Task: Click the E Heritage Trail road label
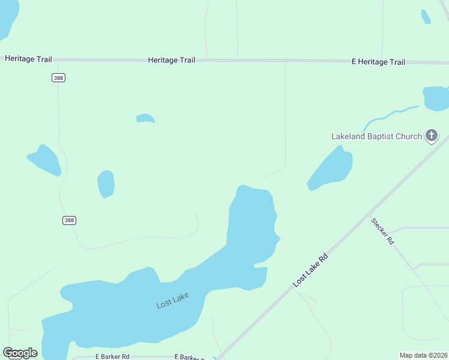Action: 378,62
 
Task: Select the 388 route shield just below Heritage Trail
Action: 58,78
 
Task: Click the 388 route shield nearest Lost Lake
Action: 69,220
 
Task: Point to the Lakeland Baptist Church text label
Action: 376,136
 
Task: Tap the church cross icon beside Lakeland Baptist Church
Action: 431,136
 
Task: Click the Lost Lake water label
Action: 172,300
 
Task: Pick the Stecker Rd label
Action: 382,231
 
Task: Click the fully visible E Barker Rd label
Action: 112,356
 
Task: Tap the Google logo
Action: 20,353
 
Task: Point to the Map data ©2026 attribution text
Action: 423,355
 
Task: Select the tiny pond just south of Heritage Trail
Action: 145,118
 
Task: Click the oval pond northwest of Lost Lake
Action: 106,184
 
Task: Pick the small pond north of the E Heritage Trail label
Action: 426,16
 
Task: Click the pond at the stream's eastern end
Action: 436,98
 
